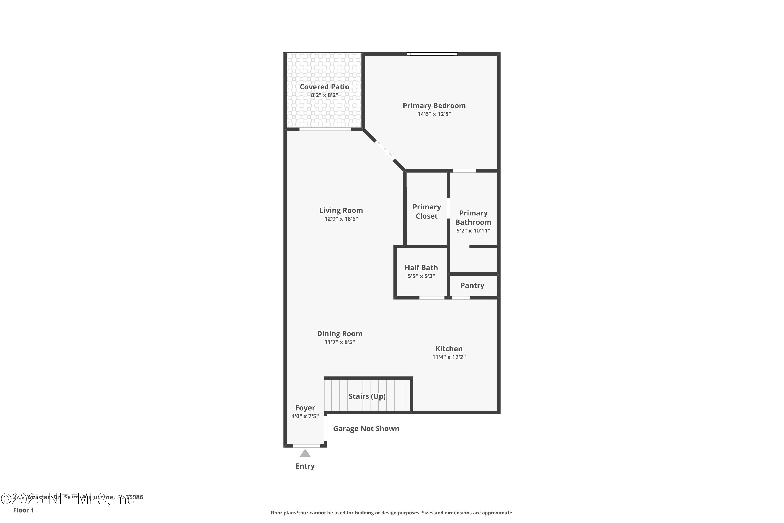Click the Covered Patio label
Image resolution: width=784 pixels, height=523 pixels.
[x=324, y=87]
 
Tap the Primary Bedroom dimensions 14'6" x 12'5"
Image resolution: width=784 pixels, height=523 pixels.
[x=434, y=114]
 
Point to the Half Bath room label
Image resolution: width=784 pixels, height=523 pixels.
[x=421, y=268]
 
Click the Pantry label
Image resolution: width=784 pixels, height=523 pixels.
[x=472, y=285]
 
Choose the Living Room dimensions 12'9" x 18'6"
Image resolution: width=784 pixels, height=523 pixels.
[x=341, y=219]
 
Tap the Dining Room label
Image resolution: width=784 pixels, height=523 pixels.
[x=339, y=334]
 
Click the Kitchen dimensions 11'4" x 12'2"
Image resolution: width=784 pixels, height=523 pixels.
[x=449, y=357]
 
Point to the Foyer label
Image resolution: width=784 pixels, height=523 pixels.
[x=305, y=408]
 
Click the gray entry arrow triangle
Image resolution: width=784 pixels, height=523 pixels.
[x=305, y=454]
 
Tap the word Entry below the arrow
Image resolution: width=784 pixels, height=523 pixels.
[x=305, y=466]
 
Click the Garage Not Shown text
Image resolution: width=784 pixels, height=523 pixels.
[x=366, y=429]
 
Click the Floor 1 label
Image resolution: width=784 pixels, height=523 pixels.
[x=23, y=510]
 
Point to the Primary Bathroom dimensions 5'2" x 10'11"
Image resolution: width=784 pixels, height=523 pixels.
[x=473, y=230]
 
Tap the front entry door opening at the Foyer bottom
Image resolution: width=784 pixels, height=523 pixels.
[x=307, y=446]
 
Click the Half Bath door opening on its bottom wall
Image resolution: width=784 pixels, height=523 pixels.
[x=432, y=298]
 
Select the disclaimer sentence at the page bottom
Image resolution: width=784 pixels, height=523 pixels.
[x=392, y=513]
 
